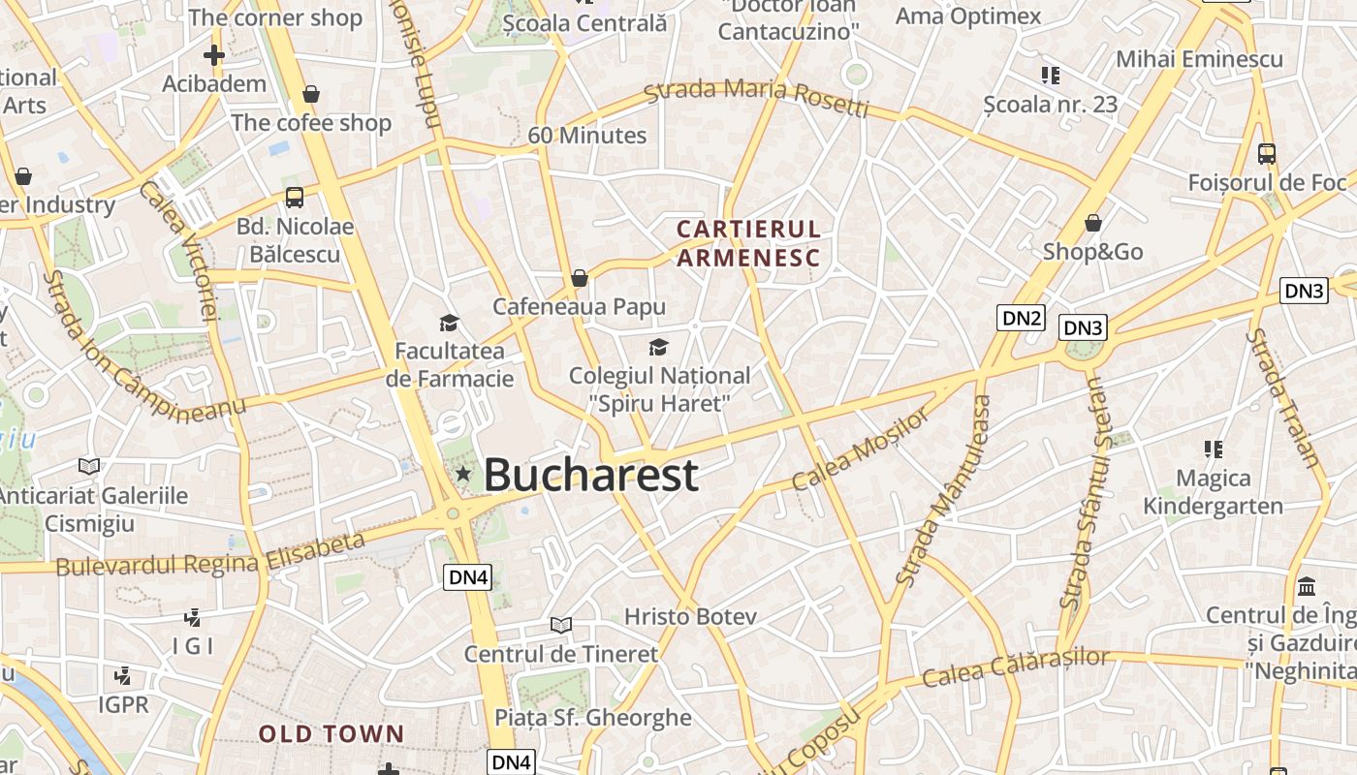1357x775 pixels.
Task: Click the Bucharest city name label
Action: coord(590,475)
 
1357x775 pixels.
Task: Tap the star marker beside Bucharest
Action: coord(463,474)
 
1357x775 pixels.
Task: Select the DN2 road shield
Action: coord(1022,318)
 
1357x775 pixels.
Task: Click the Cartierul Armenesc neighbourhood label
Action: coord(748,243)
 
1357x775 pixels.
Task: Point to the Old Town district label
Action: coord(331,734)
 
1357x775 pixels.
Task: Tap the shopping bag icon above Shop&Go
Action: coord(1093,224)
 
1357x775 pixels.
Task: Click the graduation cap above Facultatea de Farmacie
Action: coord(449,323)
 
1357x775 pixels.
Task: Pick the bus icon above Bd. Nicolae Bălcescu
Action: coord(295,198)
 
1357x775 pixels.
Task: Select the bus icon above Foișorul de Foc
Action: coord(1266,153)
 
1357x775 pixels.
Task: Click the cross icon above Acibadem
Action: coord(214,55)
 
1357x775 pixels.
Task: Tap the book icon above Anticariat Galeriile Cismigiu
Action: coord(89,466)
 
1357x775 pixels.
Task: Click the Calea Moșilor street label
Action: coord(860,449)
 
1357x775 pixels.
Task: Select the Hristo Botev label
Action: coord(690,617)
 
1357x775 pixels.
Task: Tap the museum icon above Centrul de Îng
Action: coord(1307,586)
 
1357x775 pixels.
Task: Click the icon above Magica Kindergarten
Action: coord(1213,449)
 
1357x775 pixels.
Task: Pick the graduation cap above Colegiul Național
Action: coord(658,347)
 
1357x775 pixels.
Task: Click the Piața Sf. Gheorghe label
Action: coord(593,718)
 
